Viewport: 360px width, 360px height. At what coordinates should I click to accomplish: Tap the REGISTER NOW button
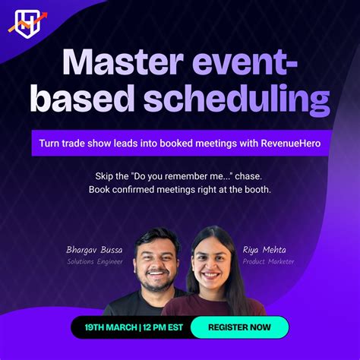click(239, 327)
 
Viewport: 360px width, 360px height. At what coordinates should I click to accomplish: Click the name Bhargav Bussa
click(93, 248)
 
